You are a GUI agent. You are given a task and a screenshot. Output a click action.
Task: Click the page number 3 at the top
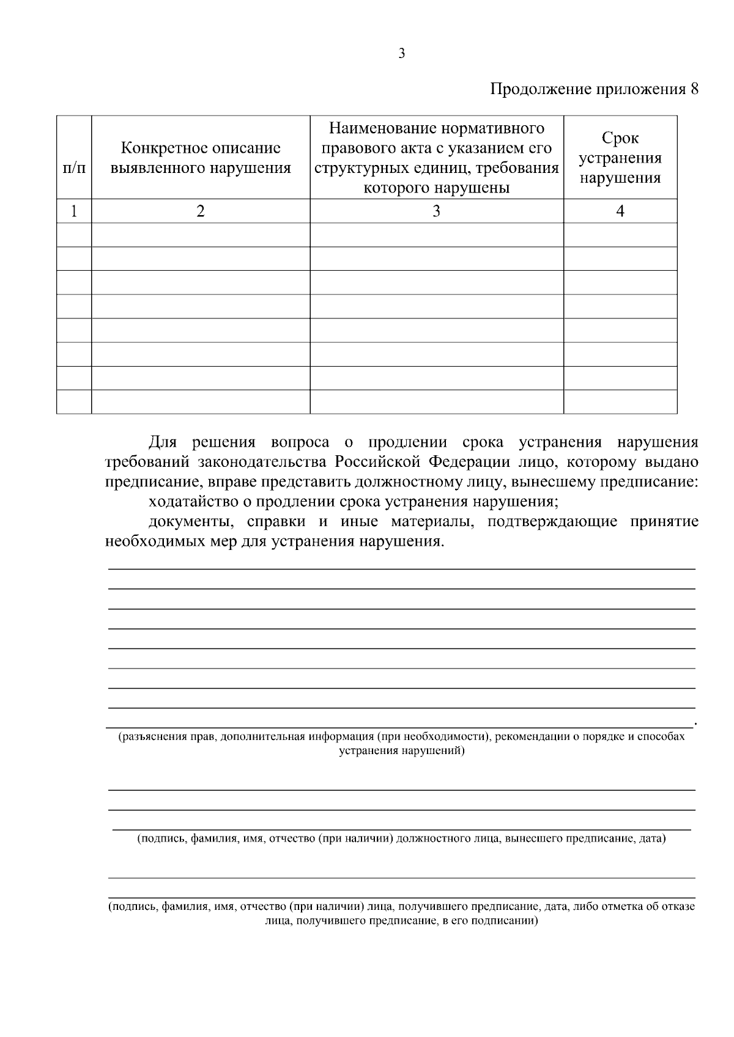(401, 54)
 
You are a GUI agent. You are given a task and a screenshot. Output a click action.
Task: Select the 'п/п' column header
(74, 167)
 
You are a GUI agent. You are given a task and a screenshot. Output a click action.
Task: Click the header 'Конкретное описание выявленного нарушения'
(201, 158)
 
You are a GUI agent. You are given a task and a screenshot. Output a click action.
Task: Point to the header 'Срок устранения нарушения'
(620, 158)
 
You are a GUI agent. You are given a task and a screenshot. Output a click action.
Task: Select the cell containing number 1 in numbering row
(74, 211)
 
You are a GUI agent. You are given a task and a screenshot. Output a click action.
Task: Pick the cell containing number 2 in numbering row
(201, 211)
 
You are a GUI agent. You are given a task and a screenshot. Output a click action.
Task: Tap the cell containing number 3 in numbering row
(436, 211)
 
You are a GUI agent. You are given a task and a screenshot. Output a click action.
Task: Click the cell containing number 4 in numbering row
(620, 211)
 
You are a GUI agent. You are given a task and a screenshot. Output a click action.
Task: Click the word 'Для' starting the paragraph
(162, 442)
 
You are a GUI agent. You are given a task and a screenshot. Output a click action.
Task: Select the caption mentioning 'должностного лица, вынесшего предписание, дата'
(401, 838)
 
